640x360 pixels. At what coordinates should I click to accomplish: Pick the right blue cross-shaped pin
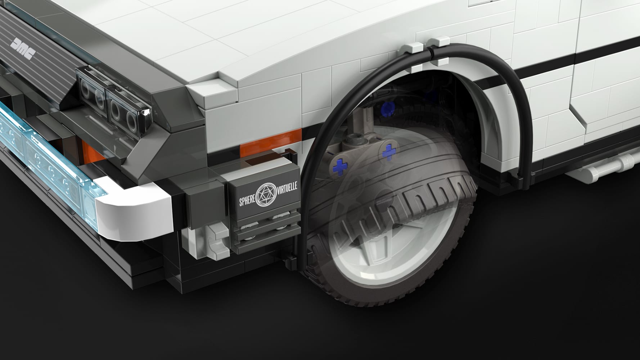click(388, 152)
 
